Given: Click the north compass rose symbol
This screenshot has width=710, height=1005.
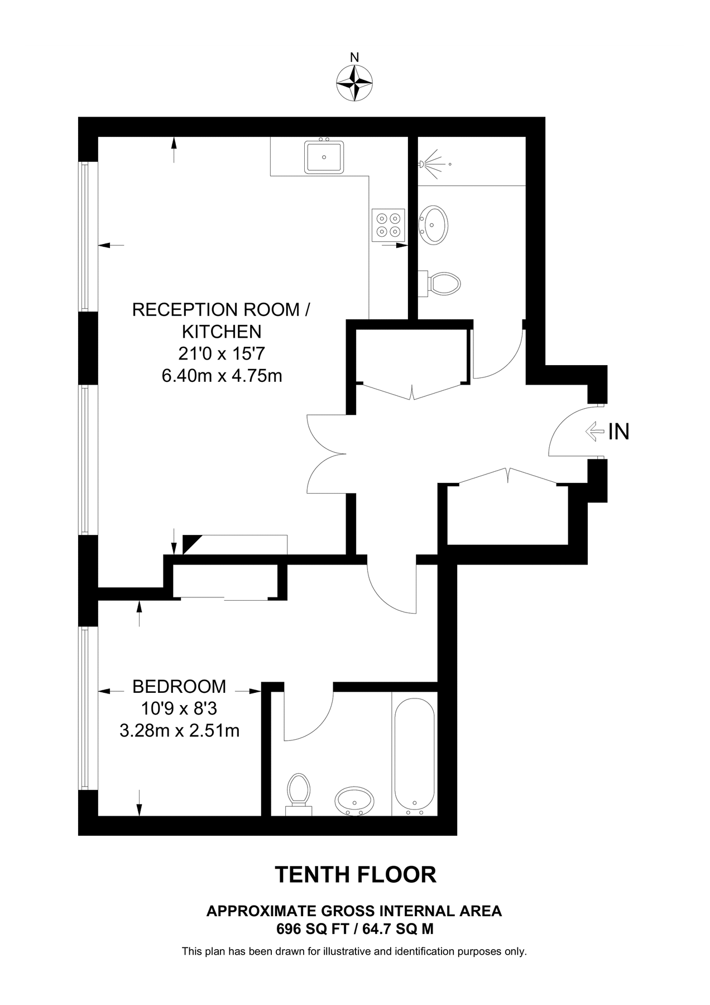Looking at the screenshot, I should coord(354,83).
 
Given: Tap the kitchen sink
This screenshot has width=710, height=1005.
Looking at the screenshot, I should coord(324,157).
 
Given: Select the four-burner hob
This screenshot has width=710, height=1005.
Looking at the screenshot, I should coord(388,225).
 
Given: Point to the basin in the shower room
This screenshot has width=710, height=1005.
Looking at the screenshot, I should coord(433,224).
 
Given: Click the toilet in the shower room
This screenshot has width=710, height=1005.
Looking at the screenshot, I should coord(444,284).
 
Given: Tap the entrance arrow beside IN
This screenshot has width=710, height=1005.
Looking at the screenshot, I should coord(594,432).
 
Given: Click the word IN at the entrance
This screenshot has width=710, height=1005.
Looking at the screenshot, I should coord(619,432).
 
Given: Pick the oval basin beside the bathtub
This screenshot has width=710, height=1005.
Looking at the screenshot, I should coord(355,801).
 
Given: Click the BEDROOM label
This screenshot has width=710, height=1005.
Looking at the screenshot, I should coord(179,686).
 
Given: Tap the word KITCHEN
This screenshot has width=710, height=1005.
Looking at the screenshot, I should coord(222,332).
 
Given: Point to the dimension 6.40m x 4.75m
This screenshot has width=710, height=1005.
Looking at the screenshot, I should coord(222,376).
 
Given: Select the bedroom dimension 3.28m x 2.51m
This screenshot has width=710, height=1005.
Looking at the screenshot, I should coord(179,730).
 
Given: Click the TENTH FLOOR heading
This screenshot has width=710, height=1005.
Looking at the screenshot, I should coord(355,875).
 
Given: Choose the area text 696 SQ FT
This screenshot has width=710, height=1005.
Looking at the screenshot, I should coord(312,929).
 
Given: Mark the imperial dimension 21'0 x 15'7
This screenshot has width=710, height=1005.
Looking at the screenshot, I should coord(222,354).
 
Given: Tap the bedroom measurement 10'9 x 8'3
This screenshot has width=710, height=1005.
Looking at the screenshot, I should coord(179,709).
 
